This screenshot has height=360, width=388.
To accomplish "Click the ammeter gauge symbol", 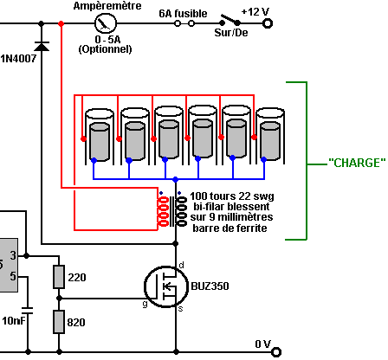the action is click(106, 23).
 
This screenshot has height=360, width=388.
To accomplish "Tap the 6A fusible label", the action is click(183, 14).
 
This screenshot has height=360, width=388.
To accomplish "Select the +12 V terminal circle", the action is click(268, 23).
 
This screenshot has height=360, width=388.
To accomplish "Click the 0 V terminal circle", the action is click(276, 352).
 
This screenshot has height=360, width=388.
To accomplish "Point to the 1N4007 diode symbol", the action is click(42, 46).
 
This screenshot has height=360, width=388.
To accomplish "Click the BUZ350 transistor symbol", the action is click(166, 286).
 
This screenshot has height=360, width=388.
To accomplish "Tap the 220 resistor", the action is click(59, 277).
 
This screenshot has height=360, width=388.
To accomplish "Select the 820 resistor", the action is click(59, 322).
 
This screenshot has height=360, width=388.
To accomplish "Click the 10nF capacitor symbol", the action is click(28, 311).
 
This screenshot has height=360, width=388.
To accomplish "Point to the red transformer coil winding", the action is click(163, 211).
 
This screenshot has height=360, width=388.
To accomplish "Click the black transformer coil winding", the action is click(181, 211).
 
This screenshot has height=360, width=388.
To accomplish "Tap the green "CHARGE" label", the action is click(357, 163).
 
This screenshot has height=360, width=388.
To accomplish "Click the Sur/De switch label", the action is click(231, 33).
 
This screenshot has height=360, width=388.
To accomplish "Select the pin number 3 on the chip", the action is click(13, 255).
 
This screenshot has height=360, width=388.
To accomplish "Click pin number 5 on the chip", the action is click(13, 276).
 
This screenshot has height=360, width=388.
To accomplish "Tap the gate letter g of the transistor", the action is click(145, 304).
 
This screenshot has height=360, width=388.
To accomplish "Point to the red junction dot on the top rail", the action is click(61, 23).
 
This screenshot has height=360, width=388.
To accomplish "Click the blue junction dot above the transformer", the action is click(175, 179).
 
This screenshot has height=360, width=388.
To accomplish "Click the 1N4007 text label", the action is click(18, 59).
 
